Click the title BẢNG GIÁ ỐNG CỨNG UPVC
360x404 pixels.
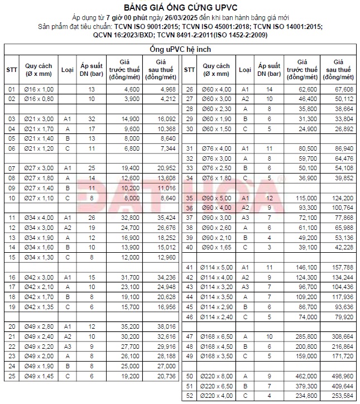pyautogui.click(x=180, y=8)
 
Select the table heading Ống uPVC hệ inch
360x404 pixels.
pyautogui.click(x=180, y=50)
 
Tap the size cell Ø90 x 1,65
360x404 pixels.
pyautogui.click(x=215, y=247)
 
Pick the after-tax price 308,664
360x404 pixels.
pyautogui.click(x=341, y=336)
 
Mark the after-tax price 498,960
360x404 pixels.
pyautogui.click(x=341, y=376)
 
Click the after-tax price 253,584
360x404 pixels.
pyautogui.click(x=341, y=395)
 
